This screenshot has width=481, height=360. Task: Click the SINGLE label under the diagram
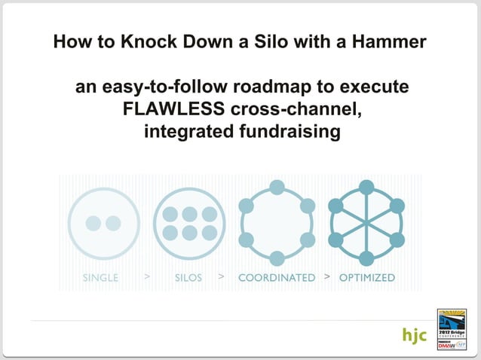(x=101, y=278)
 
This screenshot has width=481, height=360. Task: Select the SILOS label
(x=188, y=278)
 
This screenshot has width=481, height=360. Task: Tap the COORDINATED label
(x=277, y=278)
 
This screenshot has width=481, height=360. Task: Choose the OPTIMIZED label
(x=367, y=278)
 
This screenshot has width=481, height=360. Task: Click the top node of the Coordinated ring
(x=277, y=187)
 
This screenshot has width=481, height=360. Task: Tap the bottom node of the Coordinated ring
(x=277, y=258)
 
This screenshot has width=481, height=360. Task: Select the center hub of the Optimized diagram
(x=367, y=223)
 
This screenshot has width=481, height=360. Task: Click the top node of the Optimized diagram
(x=367, y=187)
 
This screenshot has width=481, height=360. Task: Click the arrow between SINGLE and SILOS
(x=147, y=277)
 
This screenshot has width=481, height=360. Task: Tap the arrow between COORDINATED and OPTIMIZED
(x=326, y=277)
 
